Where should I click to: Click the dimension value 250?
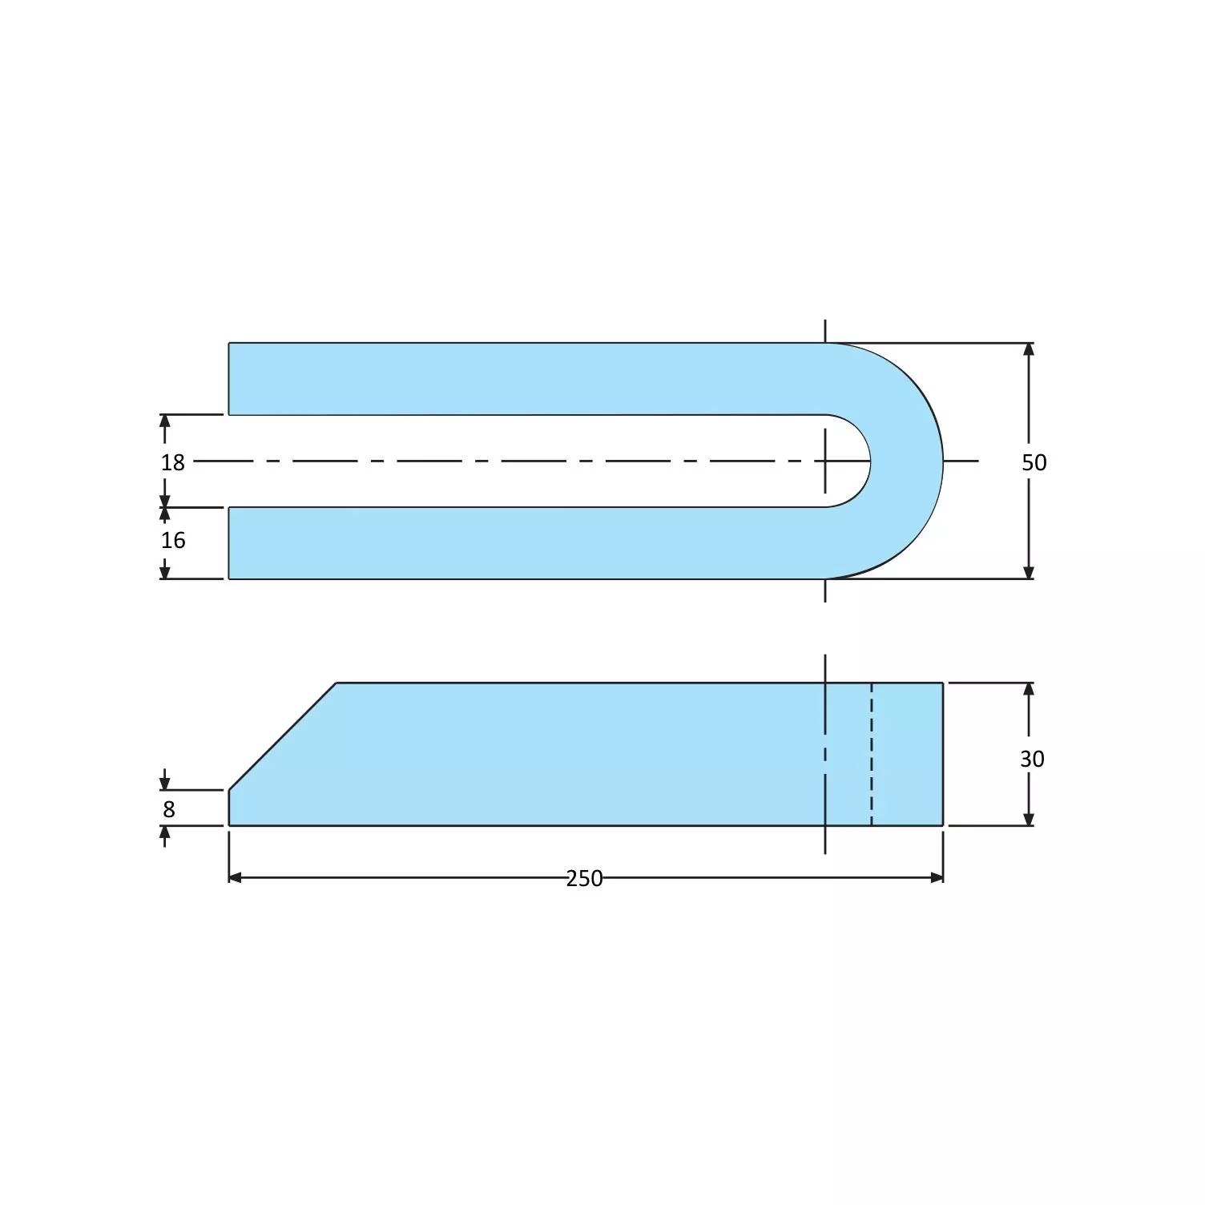tap(584, 878)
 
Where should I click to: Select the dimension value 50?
tap(1034, 462)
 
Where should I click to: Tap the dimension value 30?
tap(1032, 758)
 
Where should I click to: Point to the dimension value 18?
tap(172, 462)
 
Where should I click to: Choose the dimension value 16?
tap(172, 540)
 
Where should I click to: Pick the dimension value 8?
tap(168, 809)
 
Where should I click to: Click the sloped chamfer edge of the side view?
tap(282, 736)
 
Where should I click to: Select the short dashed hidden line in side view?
tap(872, 753)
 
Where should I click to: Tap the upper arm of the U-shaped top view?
tap(521, 379)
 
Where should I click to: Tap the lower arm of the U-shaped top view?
tap(521, 542)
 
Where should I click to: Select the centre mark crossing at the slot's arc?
tap(825, 461)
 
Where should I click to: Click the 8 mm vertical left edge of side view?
tap(229, 808)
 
